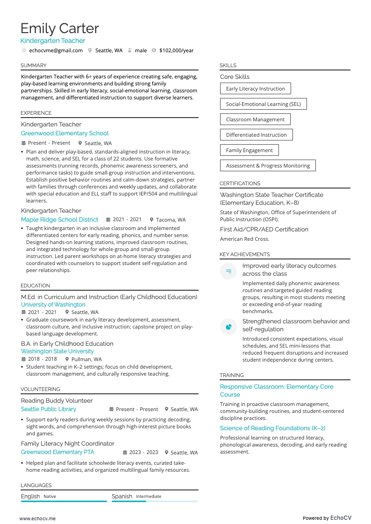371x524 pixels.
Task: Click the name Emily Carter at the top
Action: (59, 28)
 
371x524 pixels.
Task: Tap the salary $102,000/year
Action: (176, 50)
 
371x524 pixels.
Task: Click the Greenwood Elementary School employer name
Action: (64, 133)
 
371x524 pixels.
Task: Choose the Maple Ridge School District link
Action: (59, 219)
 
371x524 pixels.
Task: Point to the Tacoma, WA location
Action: (171, 220)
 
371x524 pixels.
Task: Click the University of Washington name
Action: (53, 305)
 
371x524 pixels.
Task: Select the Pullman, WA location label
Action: (86, 359)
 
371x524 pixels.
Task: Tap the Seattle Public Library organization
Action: (48, 409)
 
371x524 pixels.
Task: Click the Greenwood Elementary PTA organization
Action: (57, 452)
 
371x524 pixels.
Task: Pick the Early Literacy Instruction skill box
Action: (255, 89)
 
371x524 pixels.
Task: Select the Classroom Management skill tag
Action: (255, 119)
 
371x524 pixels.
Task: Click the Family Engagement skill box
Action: (249, 150)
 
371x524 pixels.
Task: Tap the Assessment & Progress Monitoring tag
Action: (268, 166)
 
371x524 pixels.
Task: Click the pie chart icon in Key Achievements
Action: (228, 327)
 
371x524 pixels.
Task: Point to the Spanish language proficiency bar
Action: (154, 501)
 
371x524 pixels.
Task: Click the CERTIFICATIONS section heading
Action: (240, 183)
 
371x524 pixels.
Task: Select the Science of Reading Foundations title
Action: (272, 428)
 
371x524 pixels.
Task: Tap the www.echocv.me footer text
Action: (37, 518)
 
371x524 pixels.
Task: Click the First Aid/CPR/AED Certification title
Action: (264, 230)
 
